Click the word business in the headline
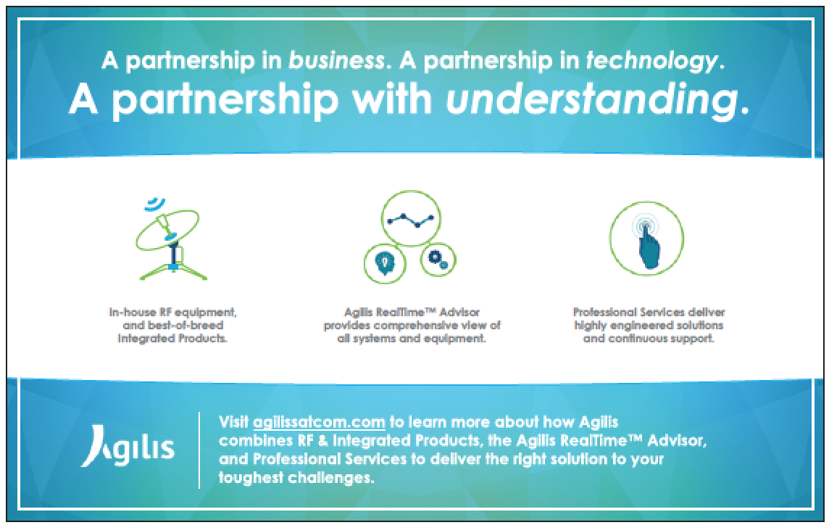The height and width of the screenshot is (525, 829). click(x=336, y=60)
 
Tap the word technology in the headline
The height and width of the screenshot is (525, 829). click(x=652, y=62)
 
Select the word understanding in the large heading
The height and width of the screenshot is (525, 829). click(x=591, y=99)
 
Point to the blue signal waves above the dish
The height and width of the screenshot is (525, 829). click(x=155, y=203)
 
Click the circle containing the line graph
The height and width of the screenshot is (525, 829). click(x=411, y=218)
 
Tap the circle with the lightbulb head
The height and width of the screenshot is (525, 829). click(x=385, y=263)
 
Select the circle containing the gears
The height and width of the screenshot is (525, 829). click(x=438, y=260)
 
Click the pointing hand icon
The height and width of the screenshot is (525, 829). click(x=647, y=244)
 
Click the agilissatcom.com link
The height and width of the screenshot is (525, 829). click(x=320, y=422)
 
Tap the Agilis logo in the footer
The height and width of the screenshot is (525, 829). click(x=128, y=447)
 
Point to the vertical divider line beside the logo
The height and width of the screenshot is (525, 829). click(x=199, y=450)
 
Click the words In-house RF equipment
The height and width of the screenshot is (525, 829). click(x=172, y=313)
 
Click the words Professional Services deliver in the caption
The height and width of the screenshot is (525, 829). click(x=649, y=313)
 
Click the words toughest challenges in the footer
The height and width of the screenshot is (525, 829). click(x=296, y=478)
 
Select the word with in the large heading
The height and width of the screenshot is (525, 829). click(x=392, y=99)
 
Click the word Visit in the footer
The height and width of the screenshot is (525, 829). click(x=233, y=422)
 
